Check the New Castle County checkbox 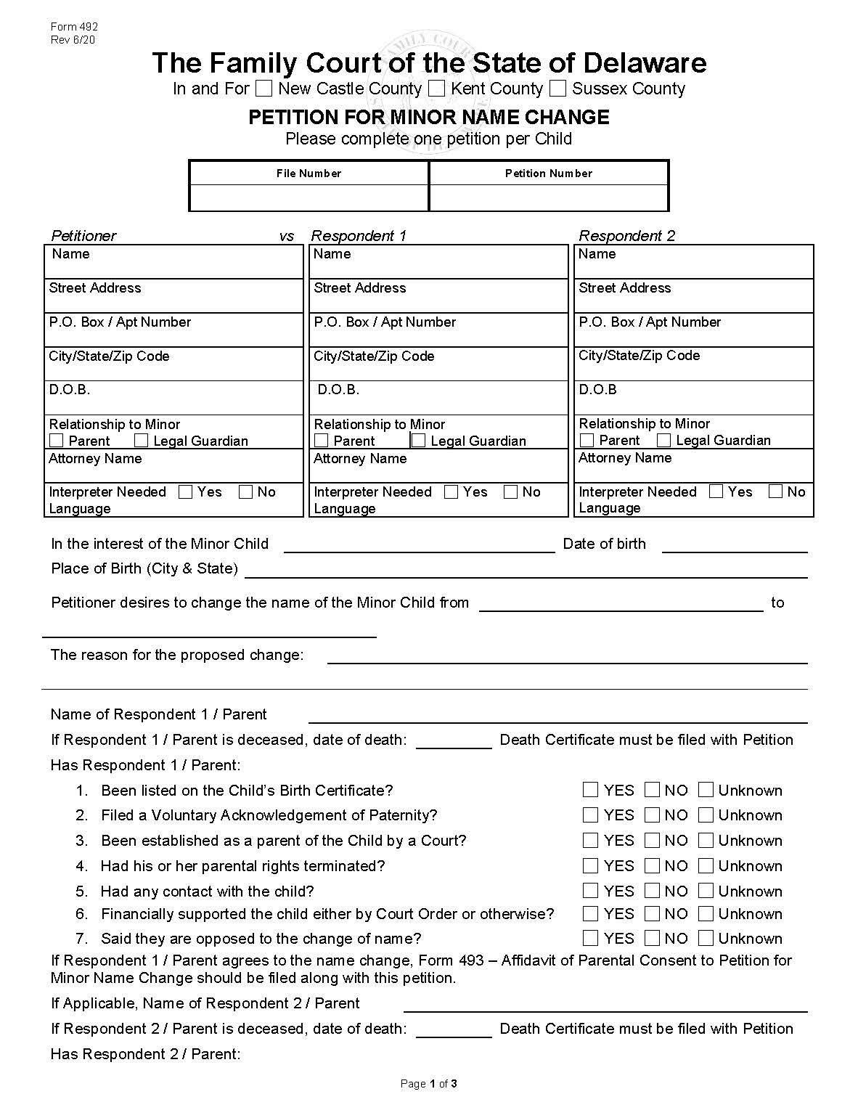click(264, 89)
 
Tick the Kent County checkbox click(436, 89)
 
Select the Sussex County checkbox click(557, 89)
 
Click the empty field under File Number click(309, 197)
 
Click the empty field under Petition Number click(549, 197)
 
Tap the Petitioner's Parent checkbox click(57, 441)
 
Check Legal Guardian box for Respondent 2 click(663, 440)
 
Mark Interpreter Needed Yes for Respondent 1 click(451, 492)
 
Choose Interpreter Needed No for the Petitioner click(245, 492)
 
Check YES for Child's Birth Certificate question click(591, 790)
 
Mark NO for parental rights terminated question click(653, 865)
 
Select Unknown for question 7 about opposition click(706, 938)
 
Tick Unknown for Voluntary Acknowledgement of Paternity click(706, 815)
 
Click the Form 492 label click(74, 27)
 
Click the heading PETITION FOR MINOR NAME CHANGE click(429, 118)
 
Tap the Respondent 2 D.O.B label click(597, 390)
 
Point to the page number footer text click(428, 1084)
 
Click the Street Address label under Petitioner click(95, 288)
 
